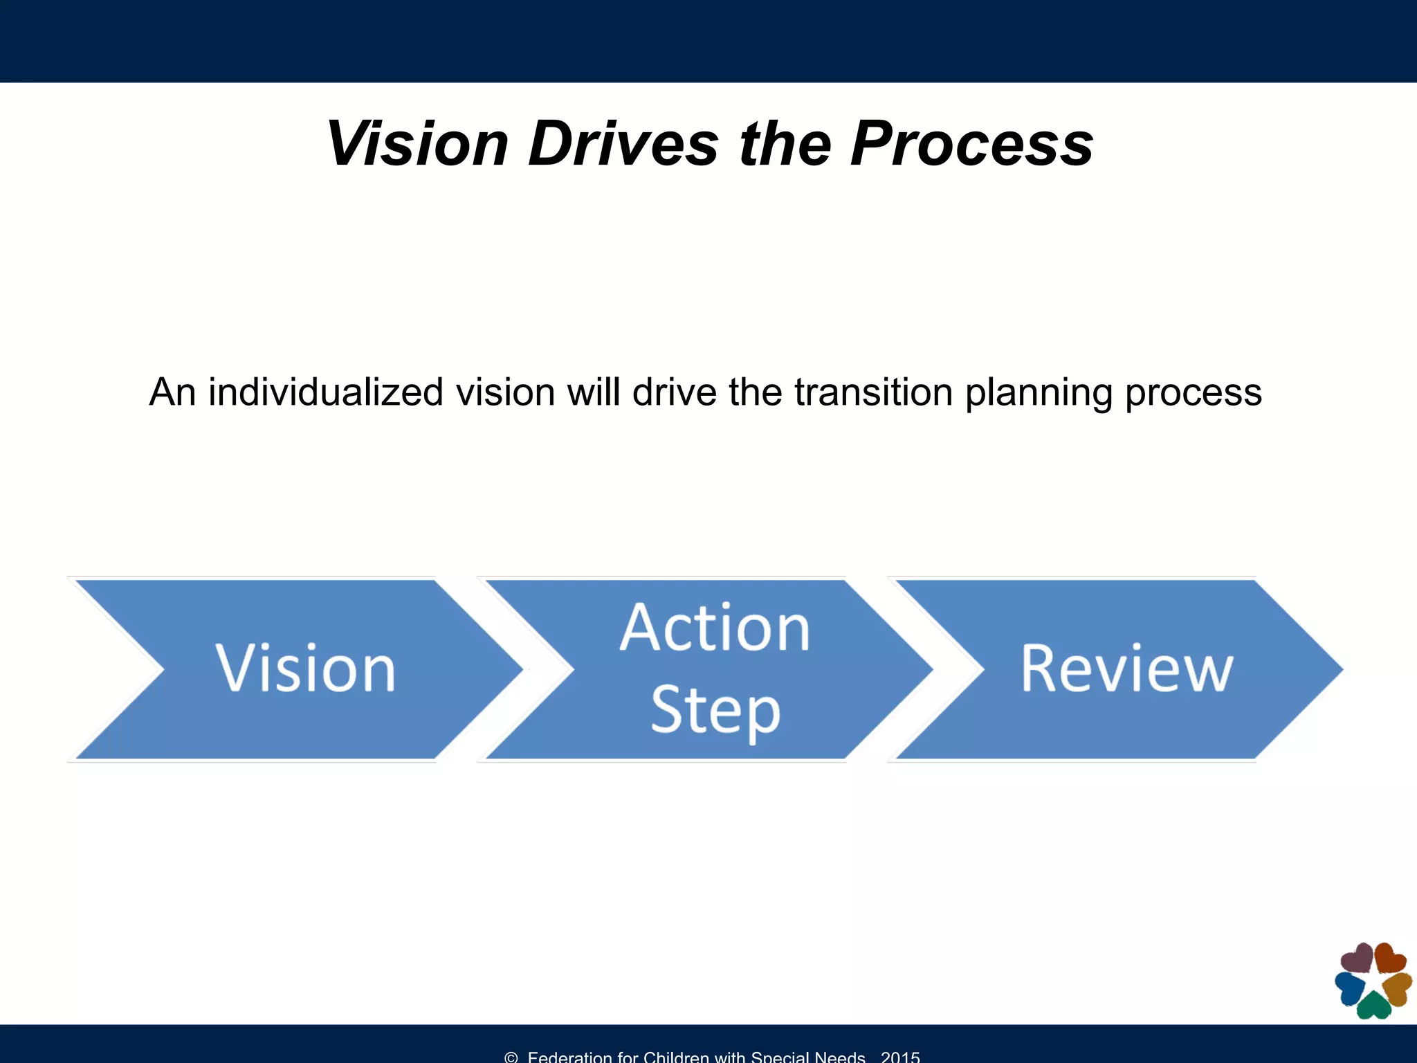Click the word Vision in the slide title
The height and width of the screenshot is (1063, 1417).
point(417,144)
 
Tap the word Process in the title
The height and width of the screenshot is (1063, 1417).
point(972,144)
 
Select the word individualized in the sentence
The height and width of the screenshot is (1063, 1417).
point(325,392)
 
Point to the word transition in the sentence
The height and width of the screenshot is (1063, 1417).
point(874,392)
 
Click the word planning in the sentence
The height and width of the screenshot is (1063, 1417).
point(1038,392)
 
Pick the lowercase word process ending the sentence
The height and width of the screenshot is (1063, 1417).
point(1194,392)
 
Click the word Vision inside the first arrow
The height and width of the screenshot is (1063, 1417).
point(305,669)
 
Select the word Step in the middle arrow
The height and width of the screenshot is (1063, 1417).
point(715,711)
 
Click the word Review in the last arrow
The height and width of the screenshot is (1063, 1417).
point(1126,669)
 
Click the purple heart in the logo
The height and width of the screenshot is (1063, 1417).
point(1357,959)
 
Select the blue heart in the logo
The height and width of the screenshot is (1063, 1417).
point(1350,988)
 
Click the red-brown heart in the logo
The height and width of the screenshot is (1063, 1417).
point(1389,959)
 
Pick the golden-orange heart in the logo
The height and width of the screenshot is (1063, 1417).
point(1398,988)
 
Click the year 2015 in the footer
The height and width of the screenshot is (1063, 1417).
point(900,1056)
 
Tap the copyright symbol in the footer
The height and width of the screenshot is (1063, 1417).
point(511,1057)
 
